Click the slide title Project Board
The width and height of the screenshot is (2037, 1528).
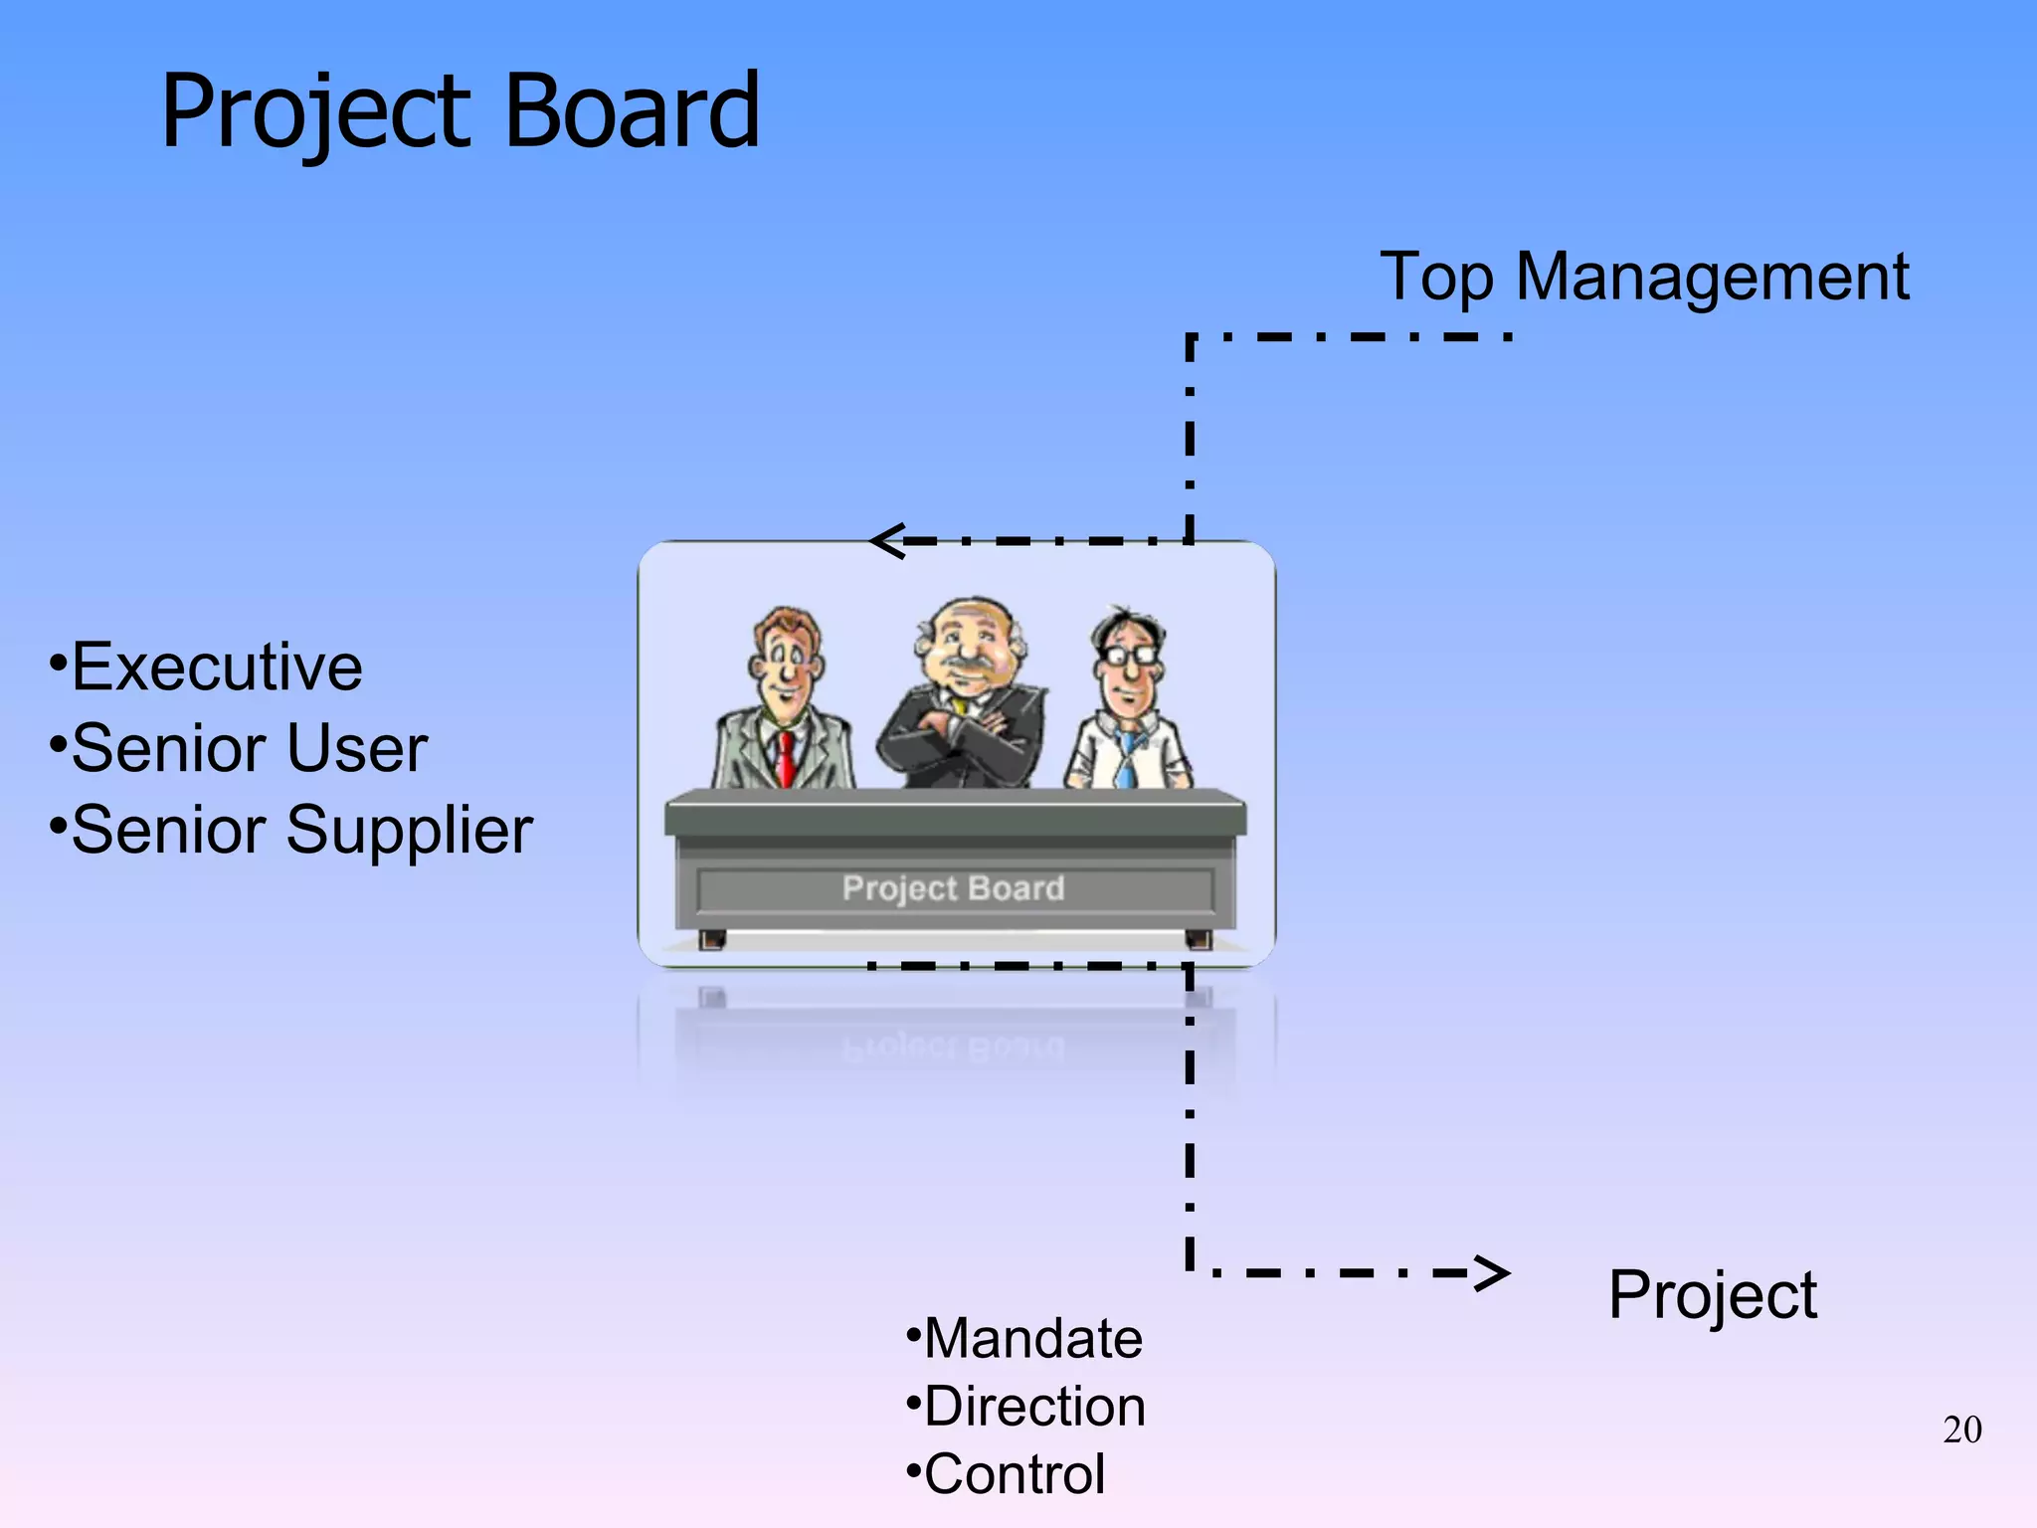pyautogui.click(x=460, y=111)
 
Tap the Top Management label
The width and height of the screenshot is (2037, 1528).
pyautogui.click(x=1643, y=277)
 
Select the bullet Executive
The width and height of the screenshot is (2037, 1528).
pyautogui.click(x=216, y=667)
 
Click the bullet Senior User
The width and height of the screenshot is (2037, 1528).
pyautogui.click(x=249, y=748)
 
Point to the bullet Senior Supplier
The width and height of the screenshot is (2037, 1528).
pyautogui.click(x=301, y=830)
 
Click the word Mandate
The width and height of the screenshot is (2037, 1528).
pyautogui.click(x=1032, y=1338)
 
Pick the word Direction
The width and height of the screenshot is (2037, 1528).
pyautogui.click(x=1034, y=1407)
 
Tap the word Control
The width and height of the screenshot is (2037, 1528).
pyautogui.click(x=1015, y=1474)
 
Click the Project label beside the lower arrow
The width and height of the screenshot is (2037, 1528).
pyautogui.click(x=1712, y=1295)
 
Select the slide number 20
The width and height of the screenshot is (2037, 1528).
pyautogui.click(x=1961, y=1430)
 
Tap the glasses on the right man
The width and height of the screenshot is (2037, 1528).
pyautogui.click(x=1130, y=656)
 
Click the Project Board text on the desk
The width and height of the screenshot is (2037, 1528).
pyautogui.click(x=953, y=888)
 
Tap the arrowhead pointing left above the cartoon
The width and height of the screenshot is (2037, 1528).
pyautogui.click(x=885, y=541)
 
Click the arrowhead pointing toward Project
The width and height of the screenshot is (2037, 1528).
pyautogui.click(x=1492, y=1272)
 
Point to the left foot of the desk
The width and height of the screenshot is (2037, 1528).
pyautogui.click(x=711, y=939)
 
